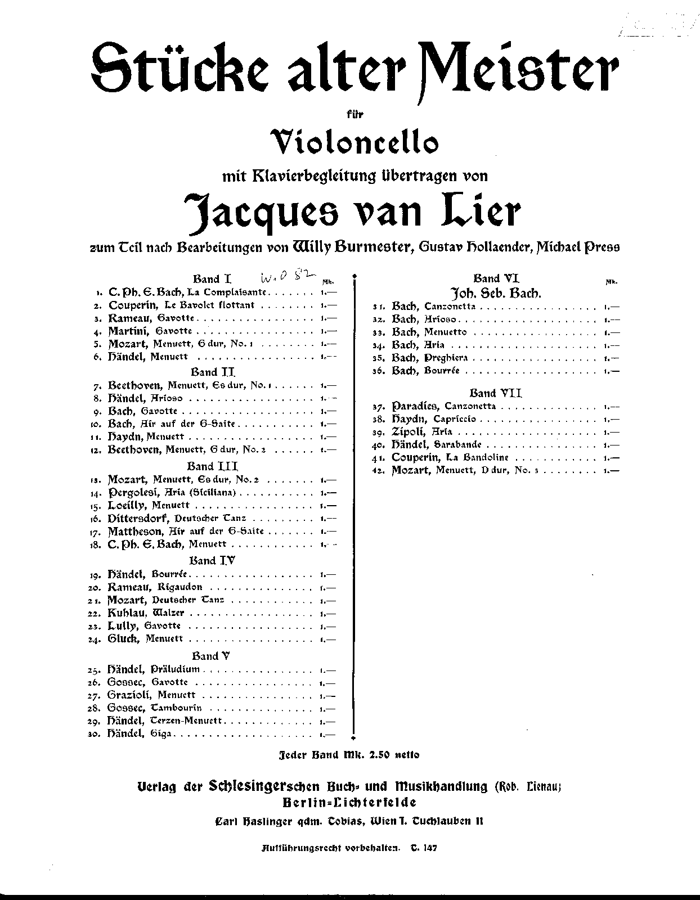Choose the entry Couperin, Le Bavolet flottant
click(x=182, y=305)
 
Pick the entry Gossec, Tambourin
click(x=154, y=708)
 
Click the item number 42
click(x=379, y=471)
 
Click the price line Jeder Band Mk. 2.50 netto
click(x=349, y=755)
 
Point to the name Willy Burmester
click(x=348, y=246)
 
